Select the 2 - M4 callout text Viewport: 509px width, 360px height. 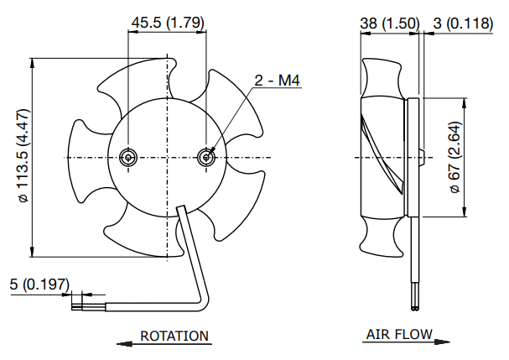[278, 81]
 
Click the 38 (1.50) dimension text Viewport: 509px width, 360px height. [389, 24]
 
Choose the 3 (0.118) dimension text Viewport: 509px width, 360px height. [464, 24]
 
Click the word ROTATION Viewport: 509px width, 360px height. [174, 336]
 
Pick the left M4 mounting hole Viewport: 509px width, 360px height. [128, 158]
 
